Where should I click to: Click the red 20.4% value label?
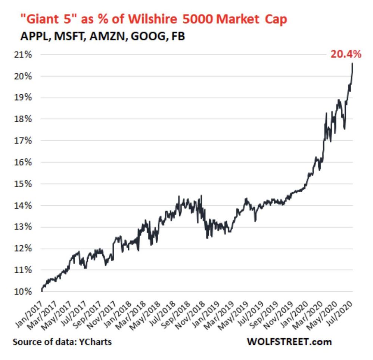pyautogui.click(x=345, y=55)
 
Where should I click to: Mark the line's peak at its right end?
pyautogui.click(x=353, y=64)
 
